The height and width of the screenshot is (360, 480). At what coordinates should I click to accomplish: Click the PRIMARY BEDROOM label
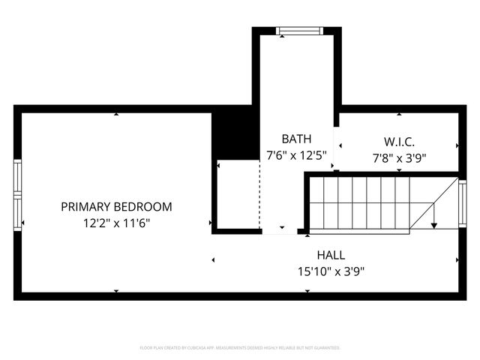click(x=116, y=206)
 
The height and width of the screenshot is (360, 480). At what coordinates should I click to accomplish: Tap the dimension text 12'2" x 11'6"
click(x=116, y=223)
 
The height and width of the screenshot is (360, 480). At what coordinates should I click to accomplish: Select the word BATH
click(x=296, y=139)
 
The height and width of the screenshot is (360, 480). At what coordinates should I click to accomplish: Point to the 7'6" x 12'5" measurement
click(x=296, y=155)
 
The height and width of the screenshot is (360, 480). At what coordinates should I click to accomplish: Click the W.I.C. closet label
click(x=399, y=142)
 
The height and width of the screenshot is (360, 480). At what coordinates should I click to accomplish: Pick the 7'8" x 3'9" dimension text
click(x=399, y=158)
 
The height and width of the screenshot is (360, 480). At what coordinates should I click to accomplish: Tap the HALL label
click(x=331, y=255)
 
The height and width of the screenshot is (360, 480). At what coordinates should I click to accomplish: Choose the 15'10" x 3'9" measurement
click(x=331, y=271)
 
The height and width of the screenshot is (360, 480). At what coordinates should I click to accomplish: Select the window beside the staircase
click(x=462, y=203)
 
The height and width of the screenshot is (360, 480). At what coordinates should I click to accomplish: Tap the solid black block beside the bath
click(x=235, y=135)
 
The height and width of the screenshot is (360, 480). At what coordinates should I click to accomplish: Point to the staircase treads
click(x=360, y=202)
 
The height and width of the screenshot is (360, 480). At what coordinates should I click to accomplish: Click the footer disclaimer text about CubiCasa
click(x=240, y=348)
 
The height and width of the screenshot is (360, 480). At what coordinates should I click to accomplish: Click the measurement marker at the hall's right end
click(x=457, y=260)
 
